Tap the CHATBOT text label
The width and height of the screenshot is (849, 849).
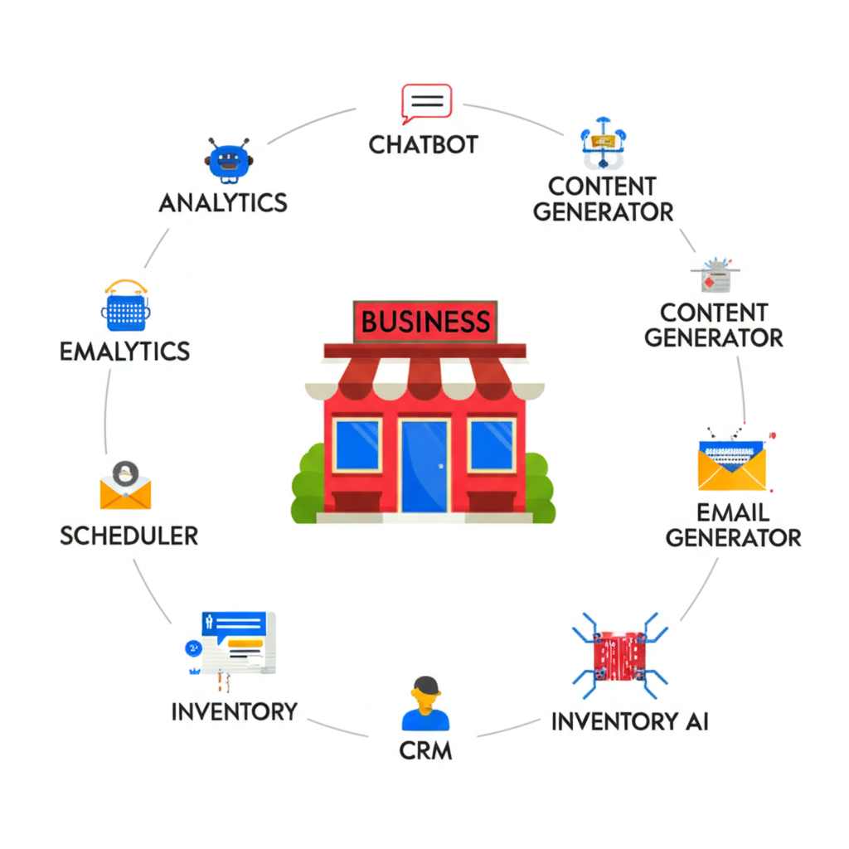click(424, 144)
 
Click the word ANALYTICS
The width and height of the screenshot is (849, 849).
click(223, 202)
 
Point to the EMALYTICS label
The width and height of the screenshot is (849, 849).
click(124, 351)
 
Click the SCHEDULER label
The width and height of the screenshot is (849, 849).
click(129, 535)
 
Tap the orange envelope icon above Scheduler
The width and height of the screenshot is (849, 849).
click(125, 487)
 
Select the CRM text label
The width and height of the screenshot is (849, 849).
click(425, 750)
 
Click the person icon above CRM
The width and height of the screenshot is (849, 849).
click(425, 704)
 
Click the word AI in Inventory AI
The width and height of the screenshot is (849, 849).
click(696, 720)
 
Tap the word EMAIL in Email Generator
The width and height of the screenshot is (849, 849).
click(733, 512)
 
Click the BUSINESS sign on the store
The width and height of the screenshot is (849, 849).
click(425, 321)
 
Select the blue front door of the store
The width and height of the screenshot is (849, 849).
click(424, 465)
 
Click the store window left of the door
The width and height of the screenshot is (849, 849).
click(357, 445)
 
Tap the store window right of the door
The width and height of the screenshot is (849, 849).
click(492, 445)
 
